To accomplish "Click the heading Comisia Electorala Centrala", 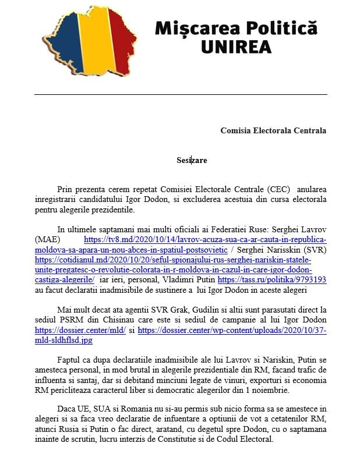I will point(273,130).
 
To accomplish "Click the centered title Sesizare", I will point(192,159).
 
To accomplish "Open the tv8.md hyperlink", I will point(205,239).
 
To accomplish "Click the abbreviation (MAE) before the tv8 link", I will point(47,239).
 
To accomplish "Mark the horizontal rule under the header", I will point(180,94).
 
